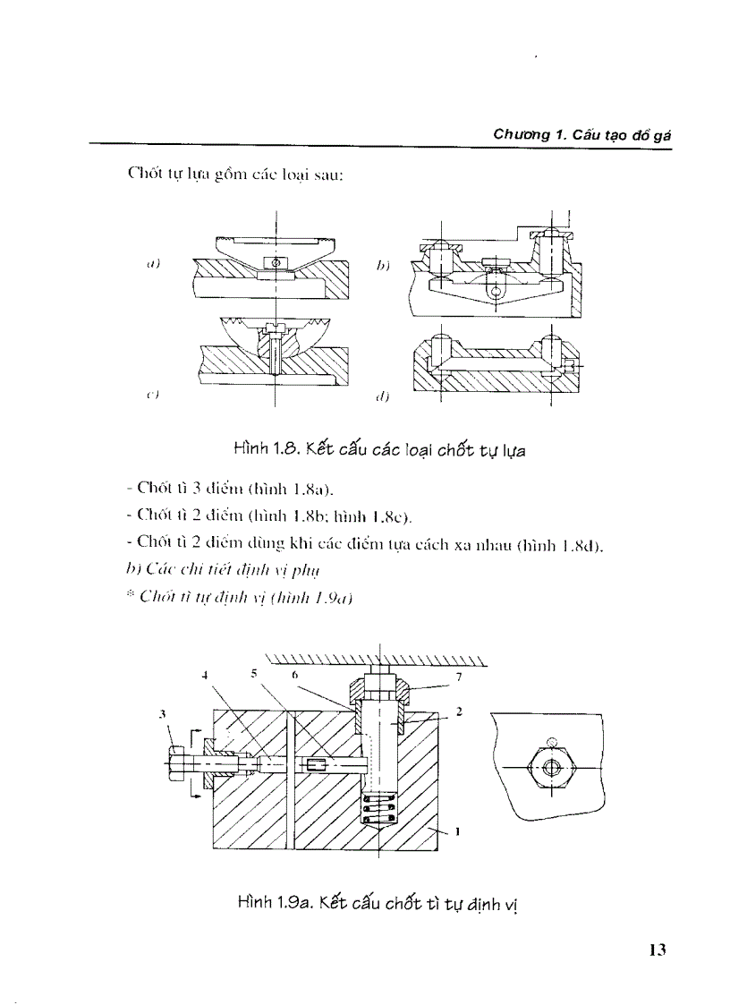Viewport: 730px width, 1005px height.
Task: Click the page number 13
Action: tap(658, 950)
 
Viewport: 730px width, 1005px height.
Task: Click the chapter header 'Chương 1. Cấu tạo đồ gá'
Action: tap(582, 134)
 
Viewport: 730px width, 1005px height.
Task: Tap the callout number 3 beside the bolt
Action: tap(163, 713)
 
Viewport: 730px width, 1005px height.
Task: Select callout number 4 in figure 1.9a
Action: tap(205, 676)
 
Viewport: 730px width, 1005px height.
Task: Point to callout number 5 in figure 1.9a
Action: tap(253, 673)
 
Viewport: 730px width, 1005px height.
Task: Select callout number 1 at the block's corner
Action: tap(457, 830)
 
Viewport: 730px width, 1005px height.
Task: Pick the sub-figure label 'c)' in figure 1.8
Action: tap(153, 394)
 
